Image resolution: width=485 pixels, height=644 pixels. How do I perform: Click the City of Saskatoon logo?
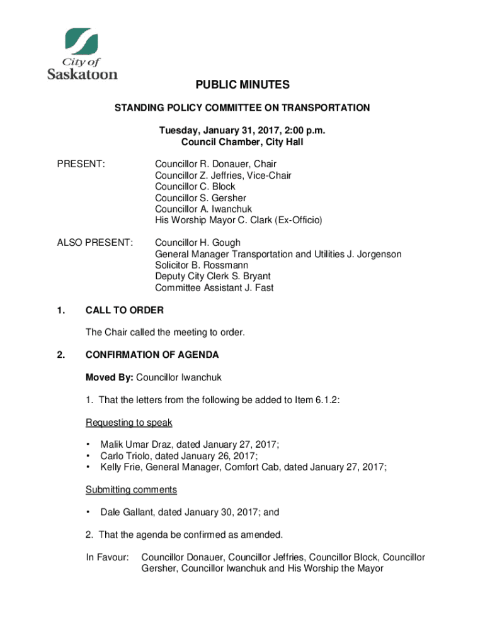point(83,53)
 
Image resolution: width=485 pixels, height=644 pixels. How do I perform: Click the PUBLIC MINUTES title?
point(242,85)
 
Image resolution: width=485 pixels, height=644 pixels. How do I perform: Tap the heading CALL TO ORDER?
point(125,310)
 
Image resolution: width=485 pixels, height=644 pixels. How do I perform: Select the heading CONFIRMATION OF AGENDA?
point(152,355)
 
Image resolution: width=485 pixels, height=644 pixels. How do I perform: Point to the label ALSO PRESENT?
point(95,243)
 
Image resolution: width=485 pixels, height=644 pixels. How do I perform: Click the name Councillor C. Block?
point(195,187)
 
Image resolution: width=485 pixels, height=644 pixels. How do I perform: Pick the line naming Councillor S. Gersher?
point(200,198)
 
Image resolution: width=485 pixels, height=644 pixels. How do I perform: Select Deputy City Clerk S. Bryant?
point(208,277)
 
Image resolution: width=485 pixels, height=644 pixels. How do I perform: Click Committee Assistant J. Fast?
point(214,288)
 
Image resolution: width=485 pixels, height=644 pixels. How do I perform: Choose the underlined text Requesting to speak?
point(129,422)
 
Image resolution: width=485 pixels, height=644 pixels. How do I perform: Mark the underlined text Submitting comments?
point(131,489)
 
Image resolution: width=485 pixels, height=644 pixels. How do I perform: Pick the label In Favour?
point(107,557)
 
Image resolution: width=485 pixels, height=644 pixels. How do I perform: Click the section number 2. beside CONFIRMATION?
point(60,355)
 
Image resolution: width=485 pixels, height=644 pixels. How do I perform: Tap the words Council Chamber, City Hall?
point(242,142)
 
